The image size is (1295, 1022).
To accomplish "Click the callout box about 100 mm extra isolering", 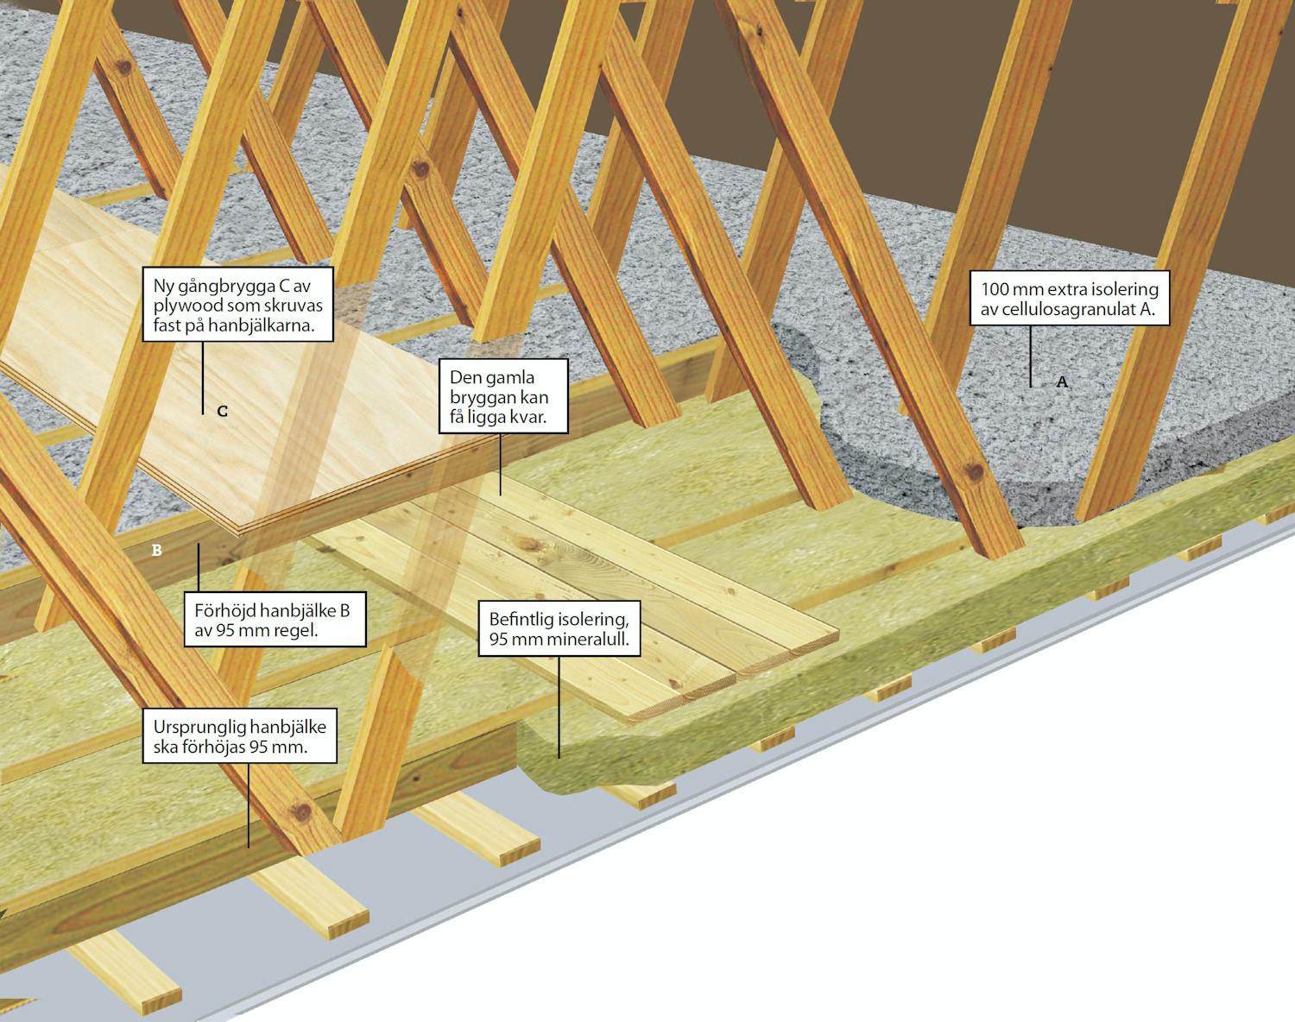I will [1069, 299].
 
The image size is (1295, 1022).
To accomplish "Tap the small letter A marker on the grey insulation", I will [1062, 382].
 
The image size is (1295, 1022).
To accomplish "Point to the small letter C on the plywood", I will [222, 412].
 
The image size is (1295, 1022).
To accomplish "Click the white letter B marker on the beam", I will [157, 549].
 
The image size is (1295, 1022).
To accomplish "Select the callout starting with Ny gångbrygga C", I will [238, 305].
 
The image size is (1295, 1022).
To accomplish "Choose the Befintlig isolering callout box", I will [559, 628].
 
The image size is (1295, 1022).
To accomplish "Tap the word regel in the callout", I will [297, 630].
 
